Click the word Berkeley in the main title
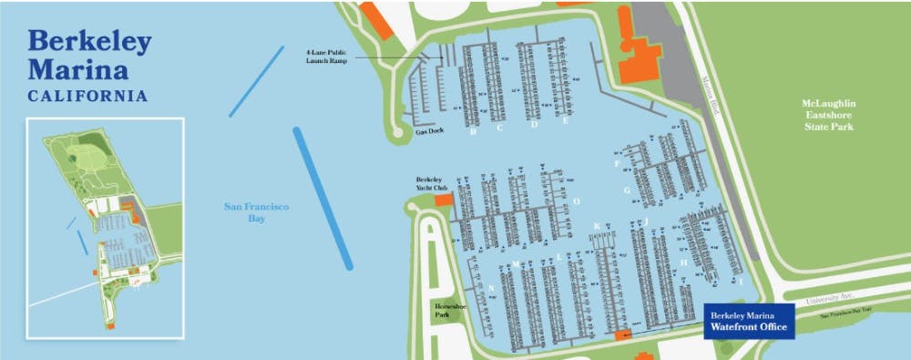89,42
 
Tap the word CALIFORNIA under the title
87,96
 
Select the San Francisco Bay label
257,212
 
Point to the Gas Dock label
429,132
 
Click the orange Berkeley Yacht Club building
444,199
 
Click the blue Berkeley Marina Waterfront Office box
751,320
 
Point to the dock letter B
473,131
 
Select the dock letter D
534,125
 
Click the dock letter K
597,226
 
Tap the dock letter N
492,288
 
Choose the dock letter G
627,190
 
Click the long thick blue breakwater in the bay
322,198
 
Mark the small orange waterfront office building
624,335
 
